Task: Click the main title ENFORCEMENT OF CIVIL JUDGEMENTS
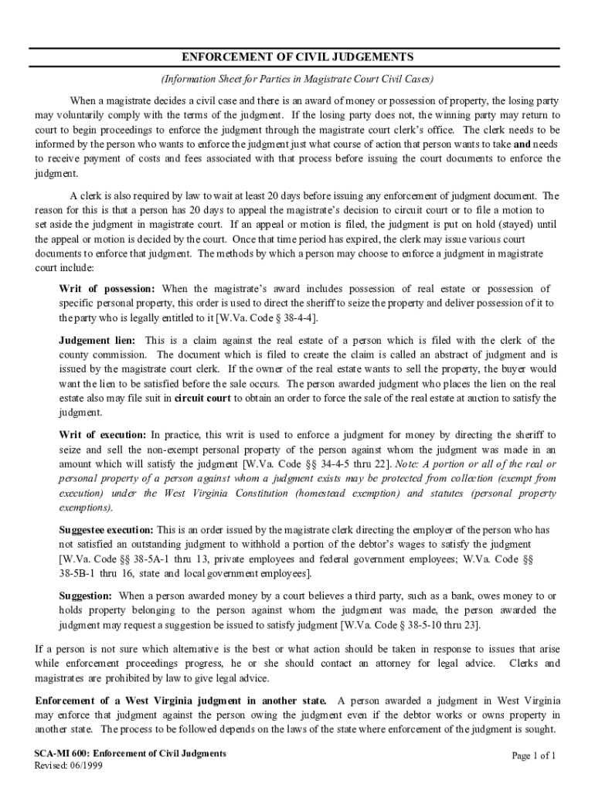297,57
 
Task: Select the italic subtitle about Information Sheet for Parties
297,79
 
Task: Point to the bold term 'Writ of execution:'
103,436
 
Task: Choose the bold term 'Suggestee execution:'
107,530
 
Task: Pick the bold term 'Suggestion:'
86,596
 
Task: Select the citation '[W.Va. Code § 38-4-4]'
267,318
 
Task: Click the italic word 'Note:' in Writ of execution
408,465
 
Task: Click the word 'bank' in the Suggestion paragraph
453,596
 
